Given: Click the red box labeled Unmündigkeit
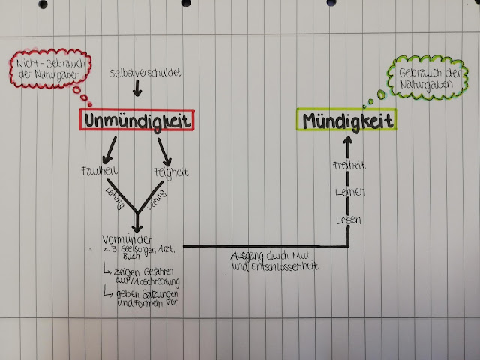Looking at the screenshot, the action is [x=138, y=120].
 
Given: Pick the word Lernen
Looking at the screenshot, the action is [x=349, y=193].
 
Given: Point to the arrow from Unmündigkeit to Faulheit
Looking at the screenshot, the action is [x=106, y=148].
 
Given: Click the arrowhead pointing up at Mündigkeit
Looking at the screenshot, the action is [x=349, y=141].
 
